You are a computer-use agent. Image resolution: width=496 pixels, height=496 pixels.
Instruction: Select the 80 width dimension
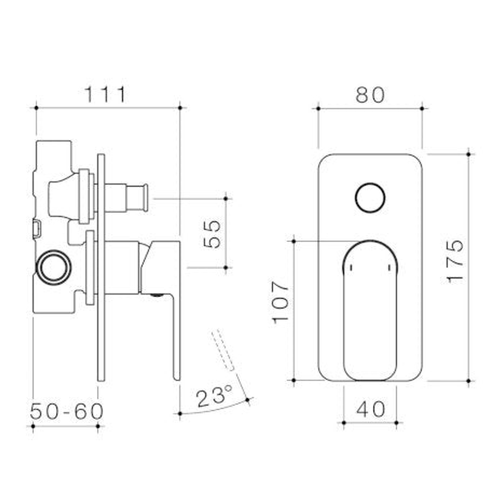(370, 95)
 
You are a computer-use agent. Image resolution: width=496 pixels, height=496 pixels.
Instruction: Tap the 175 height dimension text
(455, 261)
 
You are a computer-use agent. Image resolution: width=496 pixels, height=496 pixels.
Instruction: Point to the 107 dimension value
(281, 302)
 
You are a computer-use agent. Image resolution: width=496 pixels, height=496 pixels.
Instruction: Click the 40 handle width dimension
(370, 409)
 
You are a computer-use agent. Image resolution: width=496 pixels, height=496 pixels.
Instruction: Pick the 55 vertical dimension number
(212, 234)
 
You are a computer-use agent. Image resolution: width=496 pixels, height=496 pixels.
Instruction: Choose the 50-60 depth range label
(67, 411)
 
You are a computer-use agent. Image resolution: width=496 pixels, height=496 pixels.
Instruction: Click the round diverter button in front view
(370, 198)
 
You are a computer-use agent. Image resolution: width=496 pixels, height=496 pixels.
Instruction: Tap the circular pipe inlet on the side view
(54, 268)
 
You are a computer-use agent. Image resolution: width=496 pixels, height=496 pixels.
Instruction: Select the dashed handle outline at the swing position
(224, 349)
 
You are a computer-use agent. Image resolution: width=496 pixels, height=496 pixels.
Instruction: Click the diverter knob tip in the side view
(145, 197)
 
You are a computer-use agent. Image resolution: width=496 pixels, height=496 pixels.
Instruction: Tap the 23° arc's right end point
(248, 400)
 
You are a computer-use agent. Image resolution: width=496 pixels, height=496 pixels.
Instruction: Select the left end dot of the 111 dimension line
(36, 108)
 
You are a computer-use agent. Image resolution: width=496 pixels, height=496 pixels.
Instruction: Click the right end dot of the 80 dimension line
(422, 108)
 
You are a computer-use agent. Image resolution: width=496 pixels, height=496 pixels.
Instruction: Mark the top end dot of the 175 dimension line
(468, 154)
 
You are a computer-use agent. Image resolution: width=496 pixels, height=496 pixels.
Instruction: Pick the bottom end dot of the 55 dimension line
(225, 267)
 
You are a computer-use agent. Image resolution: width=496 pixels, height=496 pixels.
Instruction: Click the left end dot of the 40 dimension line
(344, 422)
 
